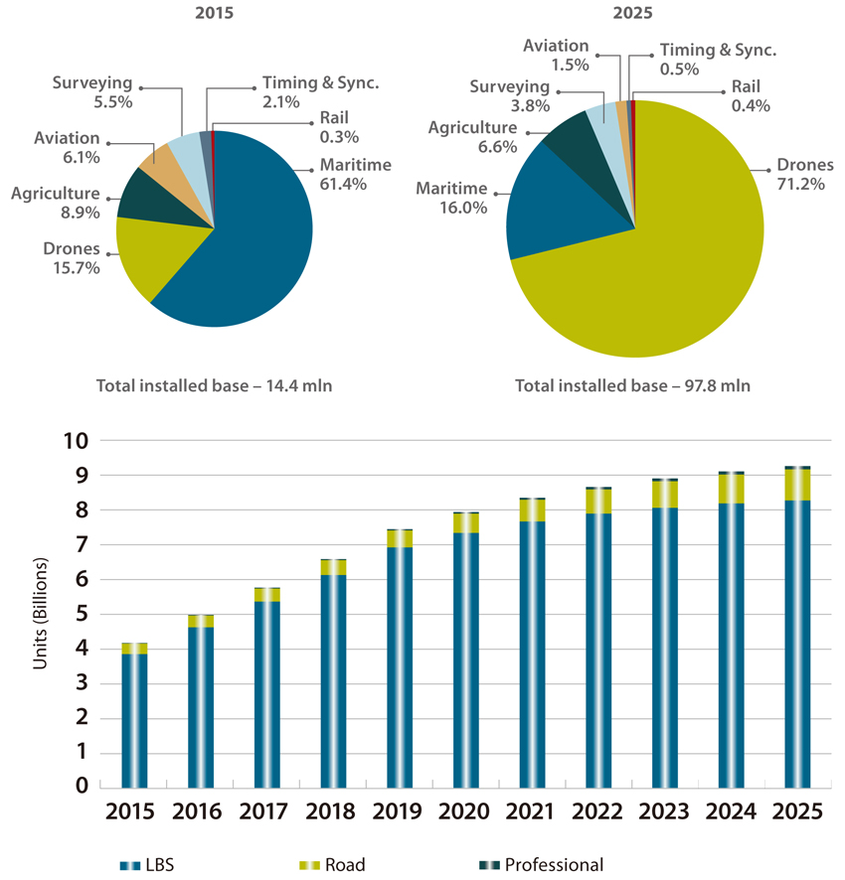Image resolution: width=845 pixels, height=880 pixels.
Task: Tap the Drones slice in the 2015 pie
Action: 144,253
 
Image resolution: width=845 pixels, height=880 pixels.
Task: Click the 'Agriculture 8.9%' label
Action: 57,203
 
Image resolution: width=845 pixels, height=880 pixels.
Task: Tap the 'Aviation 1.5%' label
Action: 556,55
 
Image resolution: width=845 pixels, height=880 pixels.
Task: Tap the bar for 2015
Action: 135,714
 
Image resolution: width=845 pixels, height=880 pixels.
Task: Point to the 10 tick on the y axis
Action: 81,441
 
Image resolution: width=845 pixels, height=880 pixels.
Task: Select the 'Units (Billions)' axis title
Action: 41,615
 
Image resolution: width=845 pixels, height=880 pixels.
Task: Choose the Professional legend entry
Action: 542,864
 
